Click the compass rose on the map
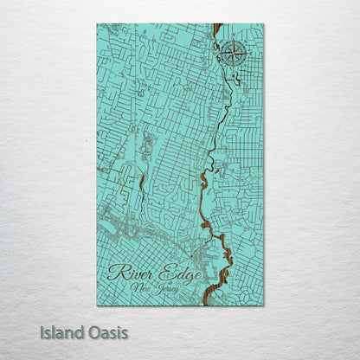(x=231, y=54)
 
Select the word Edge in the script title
(x=179, y=274)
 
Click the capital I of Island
(x=42, y=332)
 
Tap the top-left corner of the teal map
(x=98, y=24)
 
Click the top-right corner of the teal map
(x=264, y=24)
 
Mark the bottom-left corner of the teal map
(x=98, y=305)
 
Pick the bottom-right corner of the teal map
(x=264, y=305)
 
